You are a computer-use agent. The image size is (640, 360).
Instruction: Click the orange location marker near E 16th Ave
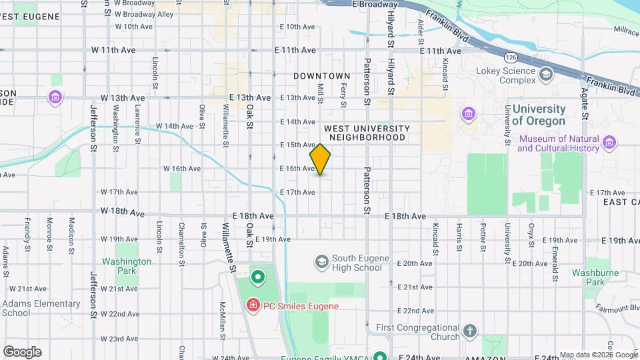click(321, 159)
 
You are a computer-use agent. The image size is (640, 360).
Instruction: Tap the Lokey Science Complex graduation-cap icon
click(547, 73)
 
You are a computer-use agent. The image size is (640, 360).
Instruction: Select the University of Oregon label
click(539, 115)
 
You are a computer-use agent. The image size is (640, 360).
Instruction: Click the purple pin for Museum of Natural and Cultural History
click(609, 142)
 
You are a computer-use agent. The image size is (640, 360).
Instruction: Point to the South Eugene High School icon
click(322, 261)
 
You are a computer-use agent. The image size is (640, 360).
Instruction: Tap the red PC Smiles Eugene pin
click(253, 306)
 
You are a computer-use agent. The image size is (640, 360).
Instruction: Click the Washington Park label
click(127, 266)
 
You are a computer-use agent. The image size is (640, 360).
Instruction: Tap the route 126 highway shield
click(511, 57)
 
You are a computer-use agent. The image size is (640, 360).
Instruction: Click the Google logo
click(22, 351)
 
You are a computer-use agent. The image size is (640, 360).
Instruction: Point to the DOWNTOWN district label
click(322, 77)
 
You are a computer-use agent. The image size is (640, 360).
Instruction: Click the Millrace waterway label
click(625, 31)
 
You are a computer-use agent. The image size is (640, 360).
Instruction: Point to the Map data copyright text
click(598, 355)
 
